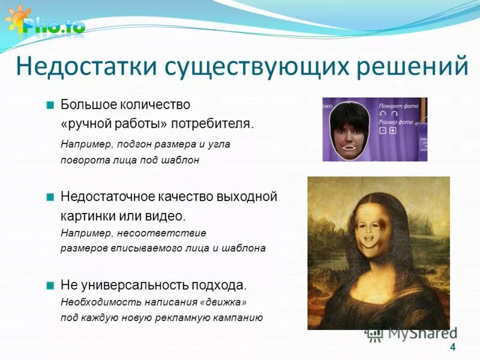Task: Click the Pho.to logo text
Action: pyautogui.click(x=54, y=26)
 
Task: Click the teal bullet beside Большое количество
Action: pyautogui.click(x=50, y=105)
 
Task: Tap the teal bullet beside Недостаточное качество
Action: pyautogui.click(x=50, y=196)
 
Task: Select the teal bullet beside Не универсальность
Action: pyautogui.click(x=50, y=284)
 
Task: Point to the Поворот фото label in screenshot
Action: pyautogui.click(x=398, y=106)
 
